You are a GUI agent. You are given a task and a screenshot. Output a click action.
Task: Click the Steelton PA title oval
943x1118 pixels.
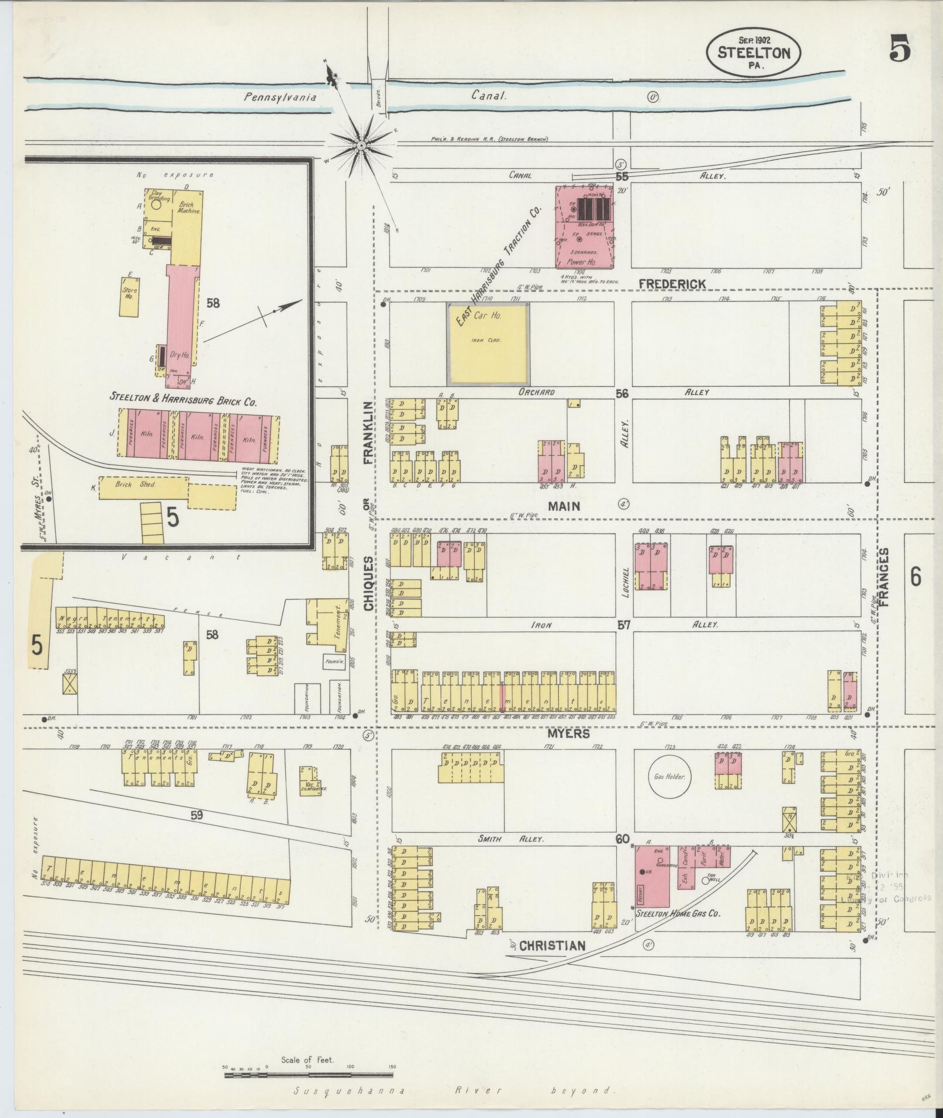click(x=753, y=54)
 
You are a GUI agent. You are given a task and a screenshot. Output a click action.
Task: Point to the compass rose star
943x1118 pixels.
click(x=361, y=144)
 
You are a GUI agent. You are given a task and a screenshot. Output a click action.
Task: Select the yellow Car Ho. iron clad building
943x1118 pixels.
click(x=488, y=343)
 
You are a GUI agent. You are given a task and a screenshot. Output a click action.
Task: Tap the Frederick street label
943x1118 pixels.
click(x=672, y=283)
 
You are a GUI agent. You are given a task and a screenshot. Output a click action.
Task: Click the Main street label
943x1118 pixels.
click(x=564, y=506)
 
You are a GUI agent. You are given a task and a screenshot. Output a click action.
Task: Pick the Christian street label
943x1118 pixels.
click(x=552, y=946)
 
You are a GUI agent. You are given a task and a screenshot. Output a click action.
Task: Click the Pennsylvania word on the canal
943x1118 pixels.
click(x=280, y=98)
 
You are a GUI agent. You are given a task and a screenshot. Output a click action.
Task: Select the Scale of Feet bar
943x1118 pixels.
click(x=309, y=1074)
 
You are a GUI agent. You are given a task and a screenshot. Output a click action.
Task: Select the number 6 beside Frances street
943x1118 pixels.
click(x=916, y=577)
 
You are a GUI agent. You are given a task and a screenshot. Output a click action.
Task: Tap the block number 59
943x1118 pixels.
click(x=196, y=814)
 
